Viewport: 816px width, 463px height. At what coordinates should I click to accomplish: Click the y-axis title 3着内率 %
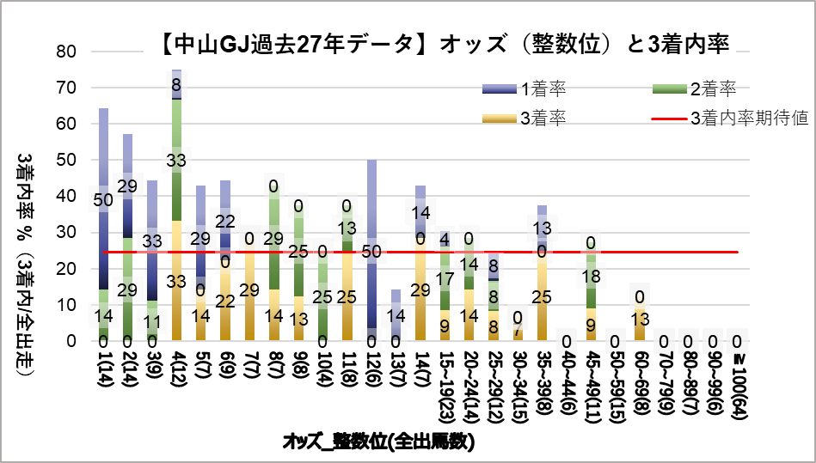tap(27, 258)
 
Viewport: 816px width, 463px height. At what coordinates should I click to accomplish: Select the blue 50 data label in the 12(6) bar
tap(371, 252)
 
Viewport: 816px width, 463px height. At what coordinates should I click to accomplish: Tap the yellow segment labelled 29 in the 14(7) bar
tap(420, 290)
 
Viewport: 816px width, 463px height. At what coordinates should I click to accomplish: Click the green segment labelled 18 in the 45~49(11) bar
tap(591, 277)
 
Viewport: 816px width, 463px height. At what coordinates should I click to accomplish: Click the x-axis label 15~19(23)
tap(445, 381)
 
